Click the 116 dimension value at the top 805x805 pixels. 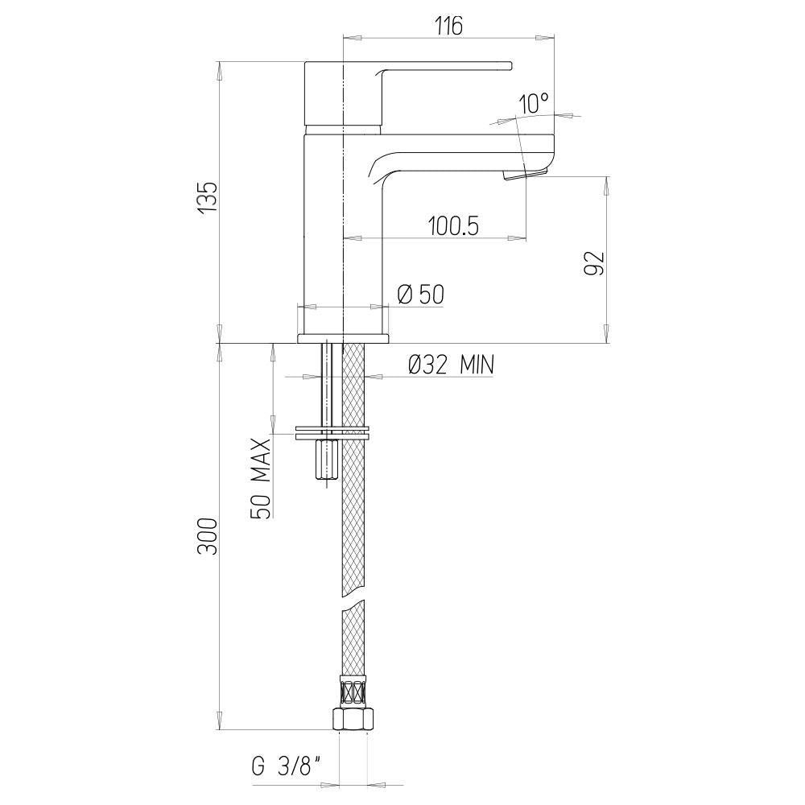(x=448, y=27)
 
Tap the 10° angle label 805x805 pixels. (x=534, y=103)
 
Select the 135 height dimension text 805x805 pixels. (x=208, y=197)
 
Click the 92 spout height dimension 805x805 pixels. (x=593, y=263)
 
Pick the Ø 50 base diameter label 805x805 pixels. (x=421, y=295)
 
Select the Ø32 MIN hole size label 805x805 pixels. (x=451, y=365)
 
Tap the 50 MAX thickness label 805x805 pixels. (x=262, y=478)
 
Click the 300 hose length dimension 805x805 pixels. (x=208, y=535)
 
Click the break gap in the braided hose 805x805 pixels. (x=354, y=603)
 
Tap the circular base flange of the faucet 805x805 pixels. (x=343, y=338)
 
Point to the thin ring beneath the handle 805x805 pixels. (x=343, y=128)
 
